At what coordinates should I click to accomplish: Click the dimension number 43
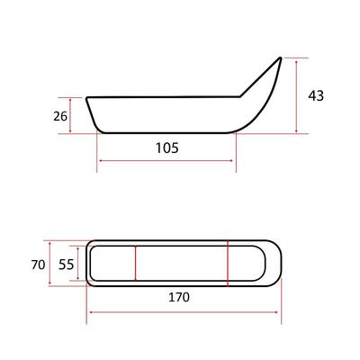point(316,95)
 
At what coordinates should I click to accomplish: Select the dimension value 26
point(60,116)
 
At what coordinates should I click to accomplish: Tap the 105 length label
point(167,148)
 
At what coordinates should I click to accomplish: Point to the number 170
point(179,297)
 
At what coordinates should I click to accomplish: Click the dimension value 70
point(38,265)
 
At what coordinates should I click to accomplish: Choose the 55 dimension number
point(66,265)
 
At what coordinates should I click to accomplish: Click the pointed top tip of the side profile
point(281,58)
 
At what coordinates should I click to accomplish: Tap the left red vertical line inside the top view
point(136,263)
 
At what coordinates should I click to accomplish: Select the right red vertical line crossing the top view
point(228,264)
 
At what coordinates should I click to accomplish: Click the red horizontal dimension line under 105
point(166,161)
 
